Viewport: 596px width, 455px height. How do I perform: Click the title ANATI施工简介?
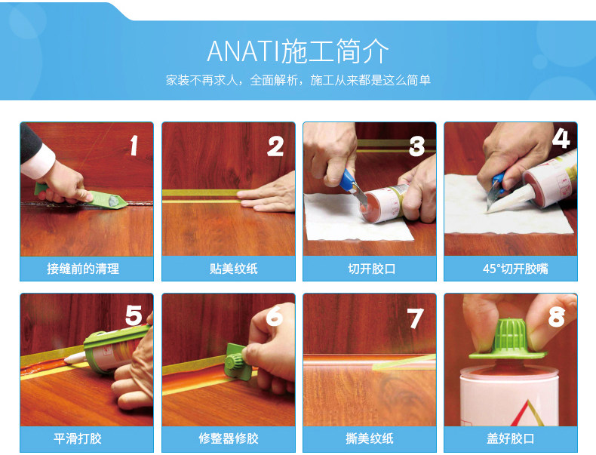(298, 51)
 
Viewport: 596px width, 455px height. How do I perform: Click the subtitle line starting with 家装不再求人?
(298, 80)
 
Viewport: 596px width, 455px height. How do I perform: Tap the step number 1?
(133, 146)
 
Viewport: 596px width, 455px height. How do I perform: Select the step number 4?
(561, 137)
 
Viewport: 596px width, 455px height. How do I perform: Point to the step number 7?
(415, 318)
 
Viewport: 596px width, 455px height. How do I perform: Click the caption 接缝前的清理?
(83, 269)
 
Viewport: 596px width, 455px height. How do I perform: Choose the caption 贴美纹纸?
(233, 269)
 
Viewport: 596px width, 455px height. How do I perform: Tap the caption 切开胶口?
(371, 269)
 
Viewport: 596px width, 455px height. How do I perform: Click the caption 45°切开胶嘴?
(515, 269)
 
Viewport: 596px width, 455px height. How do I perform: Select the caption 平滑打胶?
(78, 438)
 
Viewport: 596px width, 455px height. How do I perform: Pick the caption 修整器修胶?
(229, 438)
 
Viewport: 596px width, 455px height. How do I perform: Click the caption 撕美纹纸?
(370, 438)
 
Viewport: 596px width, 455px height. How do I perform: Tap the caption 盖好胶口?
(510, 438)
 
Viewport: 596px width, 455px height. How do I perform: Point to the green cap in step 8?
(508, 340)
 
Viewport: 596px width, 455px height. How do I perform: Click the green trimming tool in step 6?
(235, 361)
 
